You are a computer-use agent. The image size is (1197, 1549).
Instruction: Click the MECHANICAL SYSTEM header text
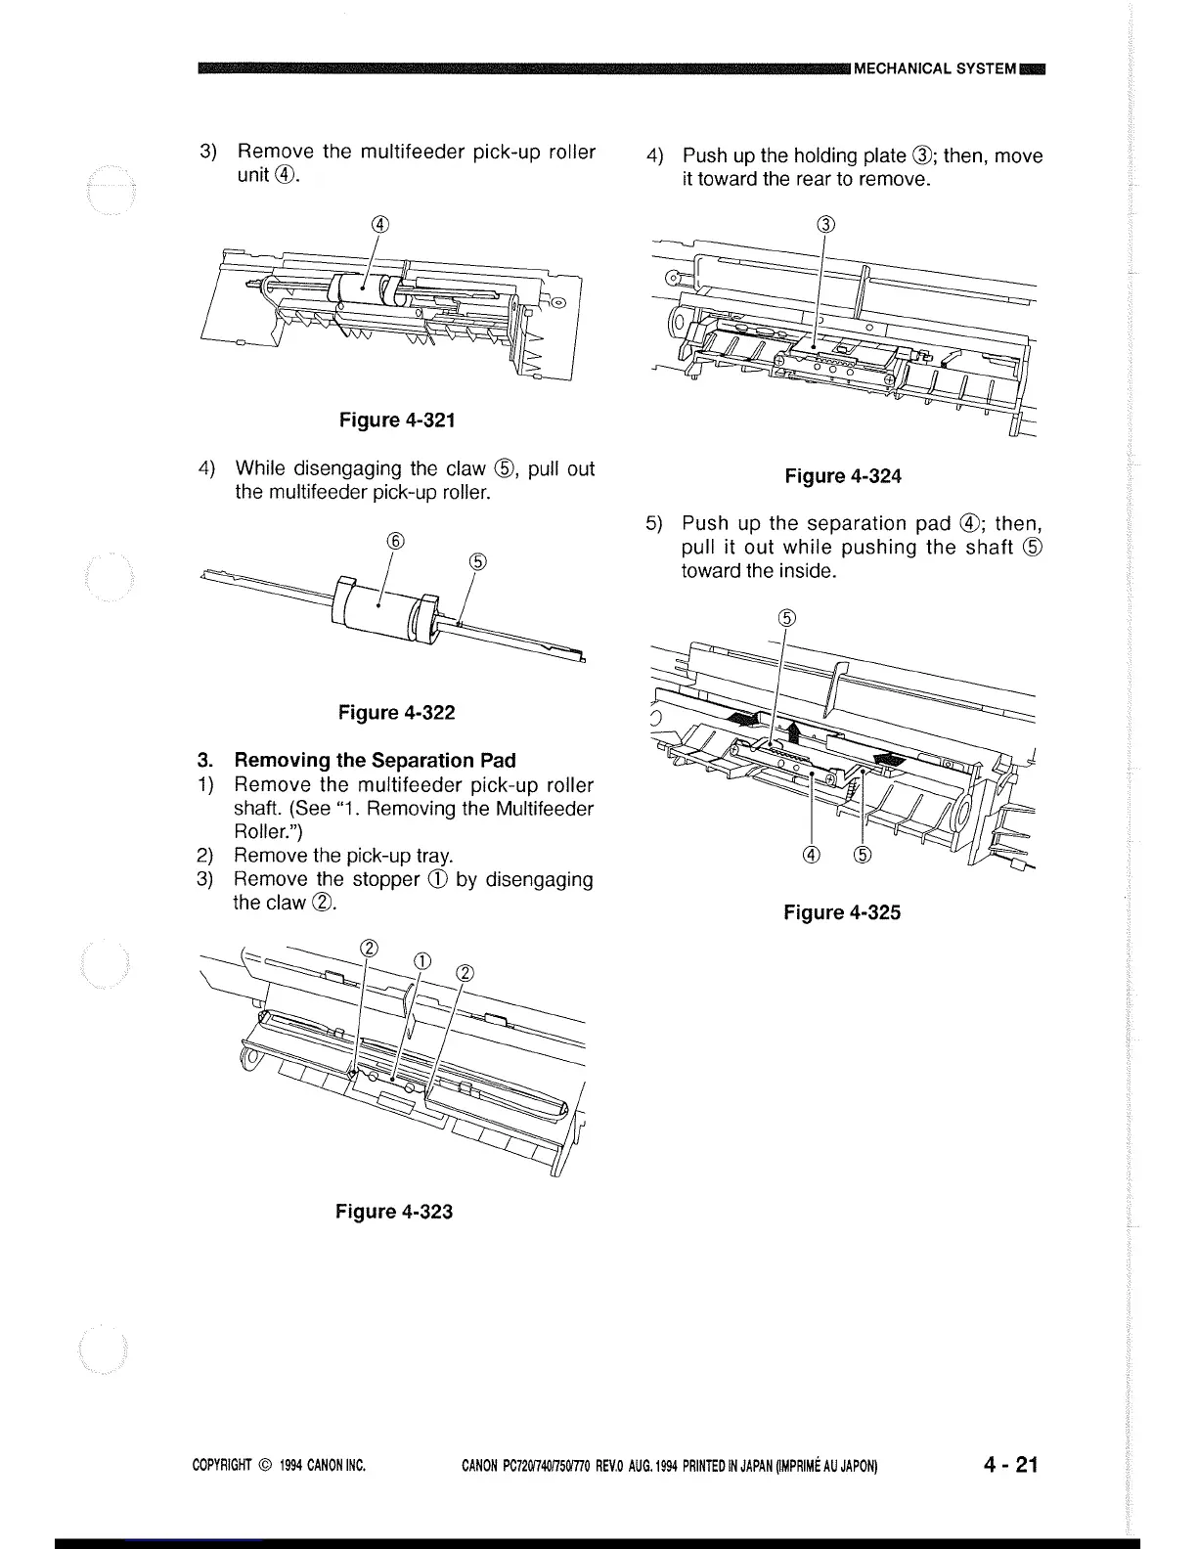(934, 68)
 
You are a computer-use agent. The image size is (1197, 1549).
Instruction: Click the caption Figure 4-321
(396, 420)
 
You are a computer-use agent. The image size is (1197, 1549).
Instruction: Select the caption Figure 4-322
(396, 713)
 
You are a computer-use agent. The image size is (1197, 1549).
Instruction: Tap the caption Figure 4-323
(394, 1212)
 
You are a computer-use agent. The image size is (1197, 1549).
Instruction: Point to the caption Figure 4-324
(843, 476)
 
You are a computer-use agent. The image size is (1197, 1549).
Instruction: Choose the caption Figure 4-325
(842, 912)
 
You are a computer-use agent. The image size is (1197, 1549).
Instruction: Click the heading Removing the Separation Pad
(375, 760)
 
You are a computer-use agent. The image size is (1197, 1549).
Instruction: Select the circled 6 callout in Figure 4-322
(395, 540)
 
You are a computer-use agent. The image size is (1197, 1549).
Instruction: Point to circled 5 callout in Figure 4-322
(477, 560)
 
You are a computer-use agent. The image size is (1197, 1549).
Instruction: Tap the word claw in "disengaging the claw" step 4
(498, 468)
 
